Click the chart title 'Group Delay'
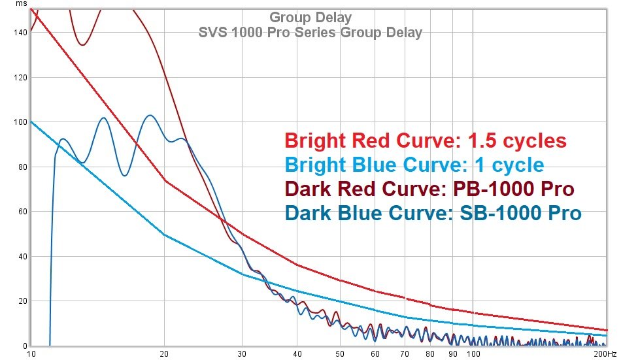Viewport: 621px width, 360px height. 310,18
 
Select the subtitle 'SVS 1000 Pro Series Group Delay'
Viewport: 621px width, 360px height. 310,32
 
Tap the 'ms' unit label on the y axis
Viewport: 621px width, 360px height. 22,5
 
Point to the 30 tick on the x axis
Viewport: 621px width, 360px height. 243,353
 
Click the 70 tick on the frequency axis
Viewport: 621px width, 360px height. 405,353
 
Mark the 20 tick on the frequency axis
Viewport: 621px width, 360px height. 165,353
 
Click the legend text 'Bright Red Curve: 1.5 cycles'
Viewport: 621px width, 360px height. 426,140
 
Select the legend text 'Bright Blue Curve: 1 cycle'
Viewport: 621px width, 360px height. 414,164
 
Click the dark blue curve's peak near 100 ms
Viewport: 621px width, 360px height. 150,116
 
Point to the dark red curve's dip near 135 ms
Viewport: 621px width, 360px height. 82,44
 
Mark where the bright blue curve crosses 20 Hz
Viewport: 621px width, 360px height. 165,235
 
